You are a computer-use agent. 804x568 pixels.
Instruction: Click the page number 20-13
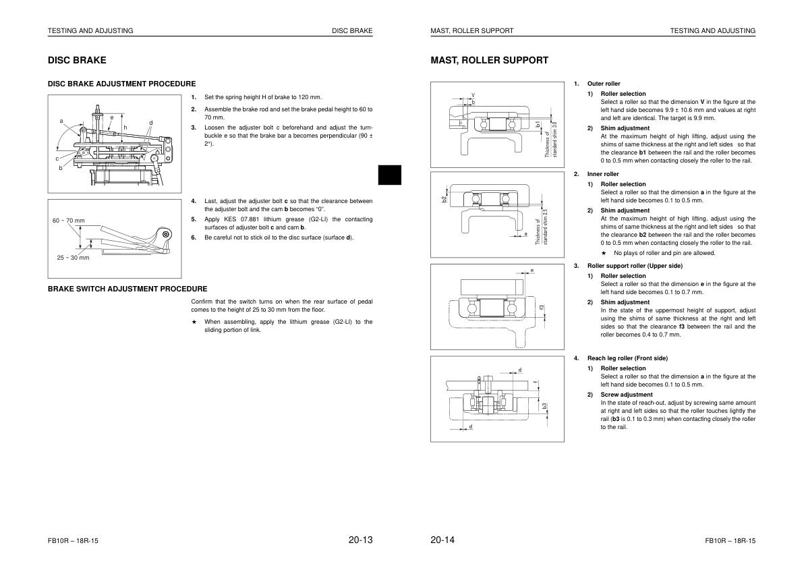click(360, 540)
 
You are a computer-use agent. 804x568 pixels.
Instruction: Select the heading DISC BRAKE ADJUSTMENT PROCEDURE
click(121, 84)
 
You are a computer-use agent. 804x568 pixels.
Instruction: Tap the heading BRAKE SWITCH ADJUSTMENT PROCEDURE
click(127, 289)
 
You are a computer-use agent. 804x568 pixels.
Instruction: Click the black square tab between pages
click(389, 175)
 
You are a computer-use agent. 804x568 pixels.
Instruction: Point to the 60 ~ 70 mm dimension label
click(69, 221)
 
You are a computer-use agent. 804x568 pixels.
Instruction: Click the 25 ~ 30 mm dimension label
click(73, 258)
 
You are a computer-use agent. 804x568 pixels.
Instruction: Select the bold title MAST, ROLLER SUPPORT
click(489, 60)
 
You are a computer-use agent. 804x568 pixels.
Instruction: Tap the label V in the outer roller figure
click(473, 95)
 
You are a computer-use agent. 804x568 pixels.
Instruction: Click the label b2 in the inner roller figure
click(444, 199)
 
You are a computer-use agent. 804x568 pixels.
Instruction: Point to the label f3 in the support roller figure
click(541, 308)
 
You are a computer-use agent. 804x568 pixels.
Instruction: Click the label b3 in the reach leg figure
click(544, 406)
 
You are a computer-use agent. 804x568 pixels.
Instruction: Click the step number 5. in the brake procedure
click(194, 219)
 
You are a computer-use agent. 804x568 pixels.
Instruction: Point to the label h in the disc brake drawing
click(125, 127)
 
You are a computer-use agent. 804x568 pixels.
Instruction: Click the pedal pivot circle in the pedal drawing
click(166, 234)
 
